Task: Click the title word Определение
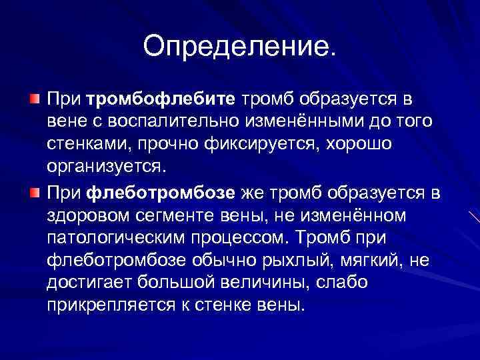pyautogui.click(x=239, y=46)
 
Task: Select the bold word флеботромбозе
pyautogui.click(x=161, y=194)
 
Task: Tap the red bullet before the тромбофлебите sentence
pyautogui.click(x=34, y=99)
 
